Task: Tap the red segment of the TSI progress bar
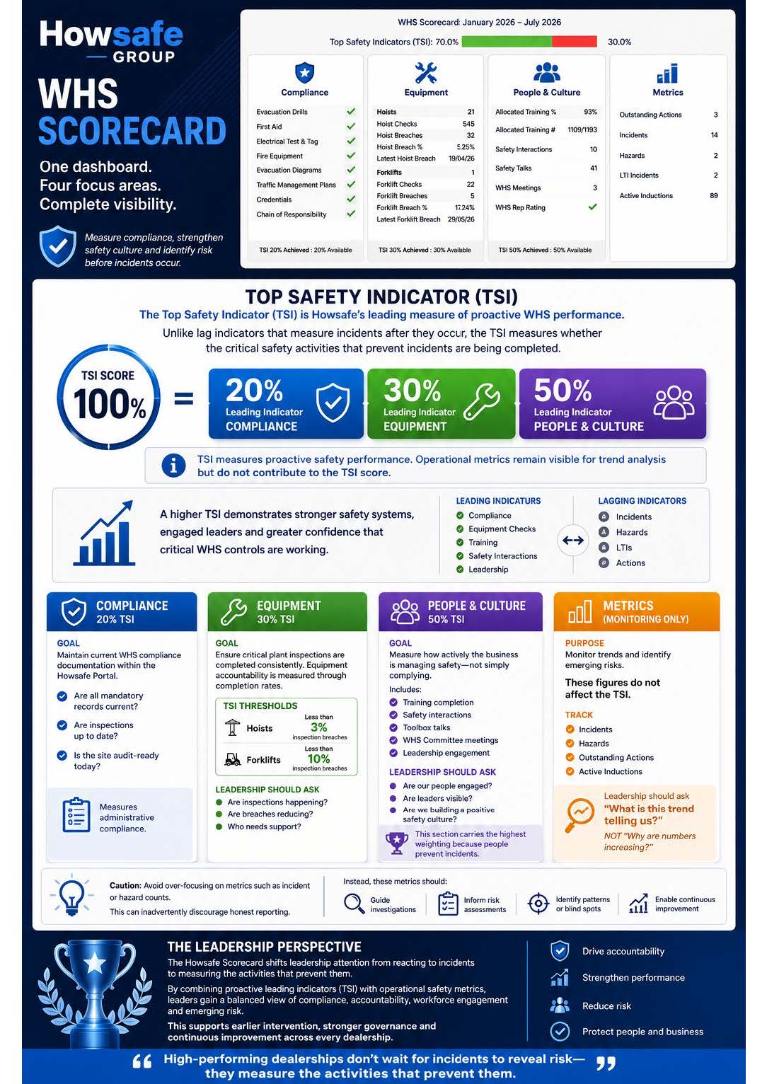point(574,42)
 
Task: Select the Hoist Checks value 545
point(468,124)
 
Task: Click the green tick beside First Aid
point(351,127)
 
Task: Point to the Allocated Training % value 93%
point(590,112)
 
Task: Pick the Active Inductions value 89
point(714,195)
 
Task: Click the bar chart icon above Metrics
point(667,74)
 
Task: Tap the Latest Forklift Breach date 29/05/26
point(461,219)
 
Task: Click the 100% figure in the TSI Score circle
point(110,404)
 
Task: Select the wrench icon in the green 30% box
point(481,402)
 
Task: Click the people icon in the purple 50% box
point(674,402)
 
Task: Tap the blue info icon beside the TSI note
point(173,466)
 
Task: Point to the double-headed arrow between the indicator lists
point(573,540)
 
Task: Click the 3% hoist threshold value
point(319,727)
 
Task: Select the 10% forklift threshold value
point(319,759)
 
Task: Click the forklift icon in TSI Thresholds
point(233,759)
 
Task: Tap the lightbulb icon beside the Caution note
point(71,896)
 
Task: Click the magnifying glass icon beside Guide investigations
point(354,904)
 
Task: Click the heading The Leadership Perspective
point(264,947)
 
